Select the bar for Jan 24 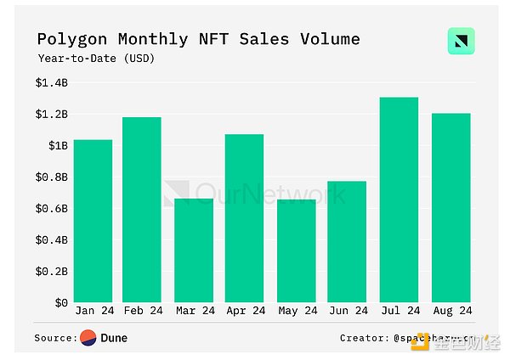pos(93,221)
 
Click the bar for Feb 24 pos(142,210)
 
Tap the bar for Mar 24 pos(193,250)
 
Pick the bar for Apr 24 pos(244,218)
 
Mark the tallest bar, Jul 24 pos(398,200)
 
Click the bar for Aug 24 pos(450,207)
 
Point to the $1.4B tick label pos(51,82)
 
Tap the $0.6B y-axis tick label pos(51,208)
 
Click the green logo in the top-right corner pos(461,42)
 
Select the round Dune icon pos(88,338)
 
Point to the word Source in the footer pos(54,338)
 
